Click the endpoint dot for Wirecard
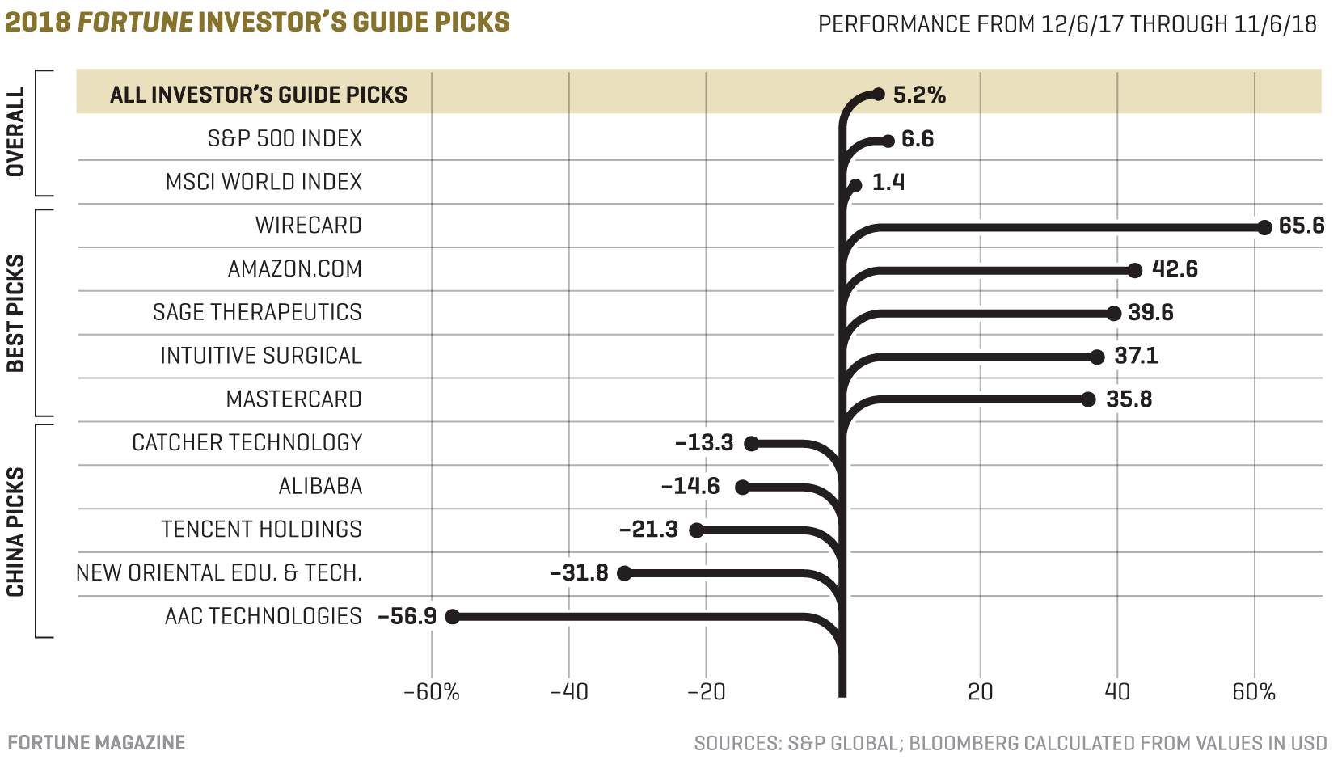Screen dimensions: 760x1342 [x=1264, y=227]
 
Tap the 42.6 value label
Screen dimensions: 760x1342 [x=1175, y=269]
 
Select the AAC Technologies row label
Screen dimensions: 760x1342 [x=263, y=616]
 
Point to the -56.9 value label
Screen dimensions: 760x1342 [x=407, y=616]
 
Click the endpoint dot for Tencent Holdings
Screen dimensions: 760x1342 [x=697, y=530]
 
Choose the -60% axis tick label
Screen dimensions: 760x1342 [x=432, y=692]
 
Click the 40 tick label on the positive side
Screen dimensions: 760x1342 [x=1117, y=692]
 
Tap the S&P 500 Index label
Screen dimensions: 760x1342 [x=285, y=138]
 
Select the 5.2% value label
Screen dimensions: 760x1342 [x=919, y=95]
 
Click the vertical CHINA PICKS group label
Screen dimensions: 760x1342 [x=15, y=532]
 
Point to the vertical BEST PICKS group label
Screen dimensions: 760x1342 [x=15, y=314]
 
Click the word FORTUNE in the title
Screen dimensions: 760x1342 [x=135, y=22]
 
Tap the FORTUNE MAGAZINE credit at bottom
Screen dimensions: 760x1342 [x=96, y=742]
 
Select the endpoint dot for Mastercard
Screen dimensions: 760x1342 [x=1088, y=399]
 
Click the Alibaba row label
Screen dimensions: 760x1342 [x=320, y=486]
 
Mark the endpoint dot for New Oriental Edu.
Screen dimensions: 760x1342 [x=624, y=573]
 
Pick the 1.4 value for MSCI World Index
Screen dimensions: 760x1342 [x=888, y=183]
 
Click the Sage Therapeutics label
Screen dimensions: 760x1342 [x=257, y=312]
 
